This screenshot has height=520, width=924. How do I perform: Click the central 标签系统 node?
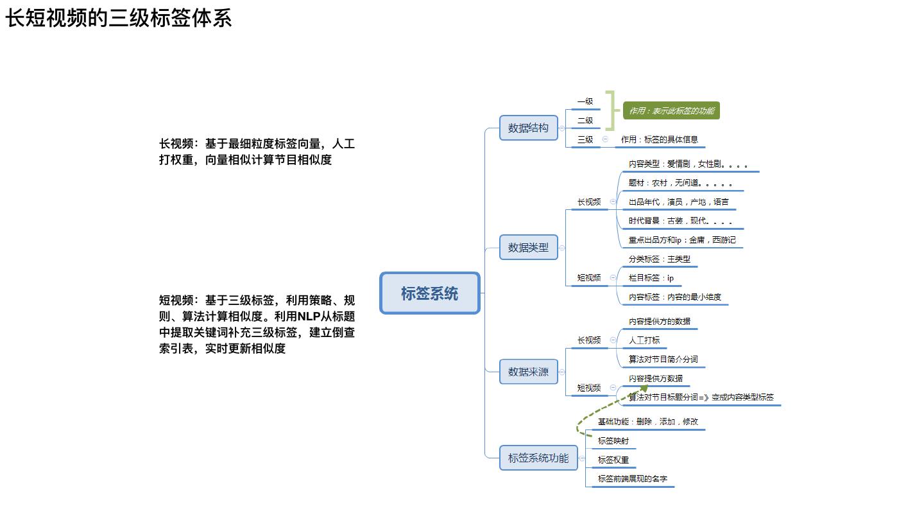(430, 293)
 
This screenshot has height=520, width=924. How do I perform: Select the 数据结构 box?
(528, 128)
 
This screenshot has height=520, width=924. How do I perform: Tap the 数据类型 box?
(528, 247)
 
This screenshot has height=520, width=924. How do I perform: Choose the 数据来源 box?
(528, 372)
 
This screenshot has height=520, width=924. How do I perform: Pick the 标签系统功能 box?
(538, 458)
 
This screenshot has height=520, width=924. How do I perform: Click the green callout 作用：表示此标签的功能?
(671, 111)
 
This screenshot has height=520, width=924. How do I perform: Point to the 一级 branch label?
(585, 101)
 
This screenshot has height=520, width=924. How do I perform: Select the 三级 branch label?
(585, 139)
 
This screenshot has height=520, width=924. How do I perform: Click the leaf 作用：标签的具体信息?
(659, 139)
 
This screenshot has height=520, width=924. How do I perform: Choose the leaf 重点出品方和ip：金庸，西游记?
(682, 240)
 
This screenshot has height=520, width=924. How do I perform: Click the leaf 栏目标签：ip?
(651, 278)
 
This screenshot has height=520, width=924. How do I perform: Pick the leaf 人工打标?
(644, 340)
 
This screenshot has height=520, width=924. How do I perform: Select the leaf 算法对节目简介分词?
(663, 360)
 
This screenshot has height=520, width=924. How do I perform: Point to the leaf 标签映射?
(613, 441)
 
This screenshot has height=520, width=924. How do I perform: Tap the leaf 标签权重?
(613, 460)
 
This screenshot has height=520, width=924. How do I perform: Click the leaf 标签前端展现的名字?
(633, 479)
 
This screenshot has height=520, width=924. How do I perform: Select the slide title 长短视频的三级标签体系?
(119, 18)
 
